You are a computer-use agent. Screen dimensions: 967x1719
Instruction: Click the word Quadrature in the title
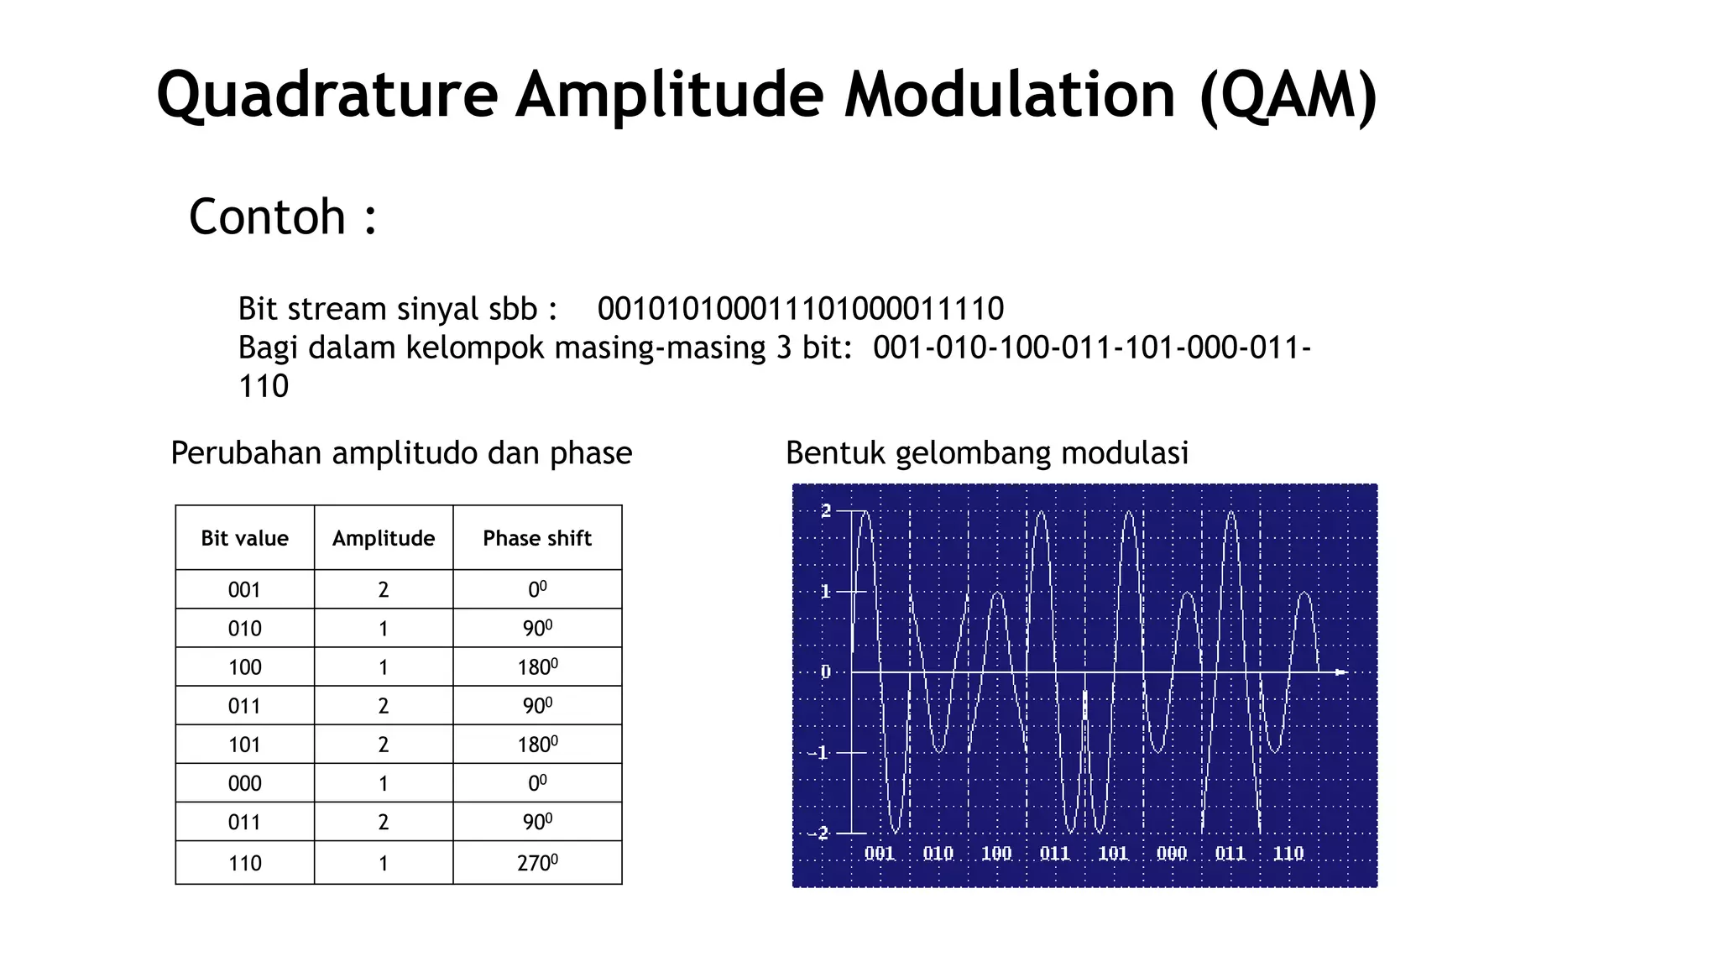[327, 95]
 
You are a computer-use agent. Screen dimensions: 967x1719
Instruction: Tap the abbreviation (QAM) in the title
[1288, 95]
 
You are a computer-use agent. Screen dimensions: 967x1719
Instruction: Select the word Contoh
[267, 217]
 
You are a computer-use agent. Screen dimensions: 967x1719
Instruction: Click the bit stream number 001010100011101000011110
[800, 309]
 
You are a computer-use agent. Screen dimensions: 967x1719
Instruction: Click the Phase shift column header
[537, 538]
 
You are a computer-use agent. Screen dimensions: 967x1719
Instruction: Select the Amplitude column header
[384, 538]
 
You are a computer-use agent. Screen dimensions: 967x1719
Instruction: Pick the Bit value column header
[244, 538]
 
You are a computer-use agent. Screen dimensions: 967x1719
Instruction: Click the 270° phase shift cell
[537, 863]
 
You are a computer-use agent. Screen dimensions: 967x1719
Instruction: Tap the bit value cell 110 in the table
[244, 863]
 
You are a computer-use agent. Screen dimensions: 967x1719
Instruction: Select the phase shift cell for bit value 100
[537, 667]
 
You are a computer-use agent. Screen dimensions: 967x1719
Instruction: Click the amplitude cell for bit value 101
[384, 745]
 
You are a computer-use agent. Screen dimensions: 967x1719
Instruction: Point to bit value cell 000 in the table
[244, 783]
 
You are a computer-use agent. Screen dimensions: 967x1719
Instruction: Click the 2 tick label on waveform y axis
[826, 510]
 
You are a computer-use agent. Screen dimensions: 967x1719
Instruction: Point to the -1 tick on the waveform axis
[818, 752]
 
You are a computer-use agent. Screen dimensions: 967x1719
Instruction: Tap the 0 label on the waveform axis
[826, 672]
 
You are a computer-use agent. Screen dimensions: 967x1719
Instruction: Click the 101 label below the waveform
[1113, 854]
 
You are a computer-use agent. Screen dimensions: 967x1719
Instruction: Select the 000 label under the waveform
[1172, 854]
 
